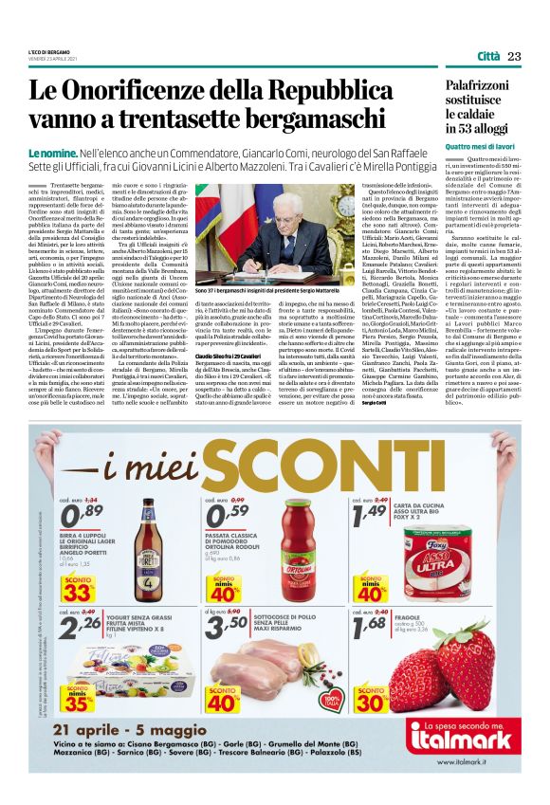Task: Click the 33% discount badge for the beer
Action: pyautogui.click(x=78, y=595)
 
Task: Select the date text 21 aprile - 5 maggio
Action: pyautogui.click(x=160, y=730)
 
